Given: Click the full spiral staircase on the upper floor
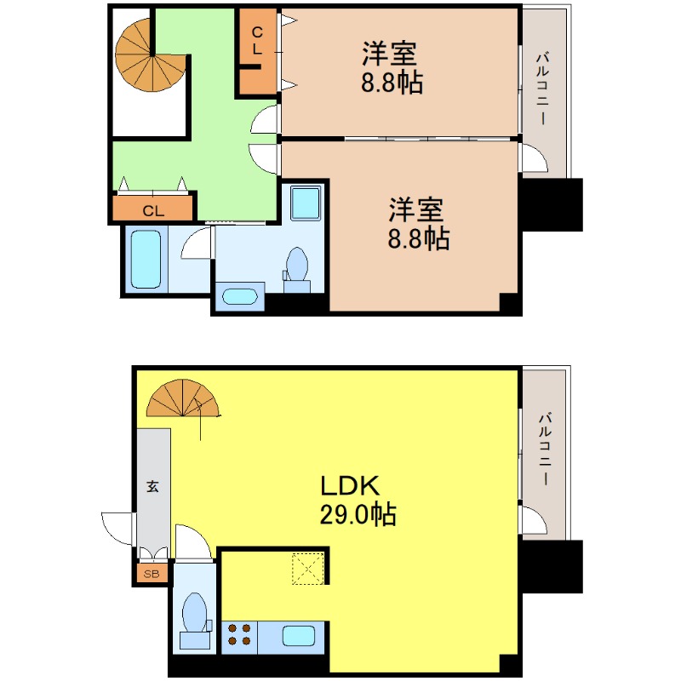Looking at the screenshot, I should pyautogui.click(x=146, y=54).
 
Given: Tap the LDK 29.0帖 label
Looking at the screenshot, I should pyautogui.click(x=357, y=500).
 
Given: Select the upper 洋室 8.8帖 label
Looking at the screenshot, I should pyautogui.click(x=391, y=68).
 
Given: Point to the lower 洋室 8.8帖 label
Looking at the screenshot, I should pyautogui.click(x=418, y=224).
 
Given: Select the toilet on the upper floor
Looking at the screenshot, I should pyautogui.click(x=297, y=266).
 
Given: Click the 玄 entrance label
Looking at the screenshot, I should pyautogui.click(x=152, y=487).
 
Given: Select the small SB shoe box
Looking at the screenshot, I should pyautogui.click(x=152, y=574).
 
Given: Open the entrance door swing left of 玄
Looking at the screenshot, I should pyautogui.click(x=117, y=529).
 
